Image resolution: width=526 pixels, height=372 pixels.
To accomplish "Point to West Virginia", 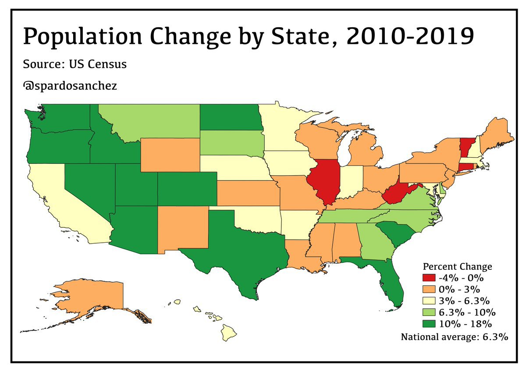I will [x=397, y=193].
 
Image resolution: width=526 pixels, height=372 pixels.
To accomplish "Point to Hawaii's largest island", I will [x=228, y=333].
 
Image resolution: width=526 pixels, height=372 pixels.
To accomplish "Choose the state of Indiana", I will [x=353, y=180].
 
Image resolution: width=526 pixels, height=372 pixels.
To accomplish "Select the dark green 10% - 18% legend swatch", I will [x=430, y=324].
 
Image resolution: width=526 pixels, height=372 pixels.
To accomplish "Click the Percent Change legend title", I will [x=457, y=266].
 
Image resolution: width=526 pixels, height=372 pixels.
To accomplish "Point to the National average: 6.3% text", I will [x=454, y=337].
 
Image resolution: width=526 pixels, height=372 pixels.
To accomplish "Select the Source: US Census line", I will [x=75, y=64].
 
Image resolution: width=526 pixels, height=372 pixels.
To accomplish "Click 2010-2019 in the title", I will [x=410, y=36].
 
